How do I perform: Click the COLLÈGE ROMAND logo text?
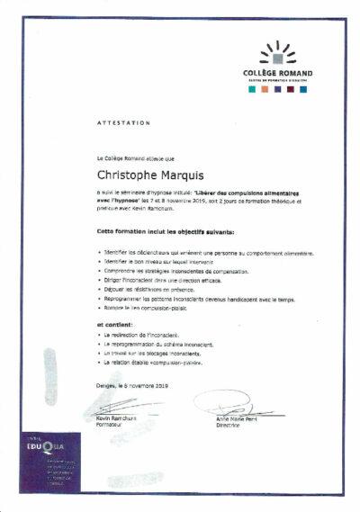point(277,73)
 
